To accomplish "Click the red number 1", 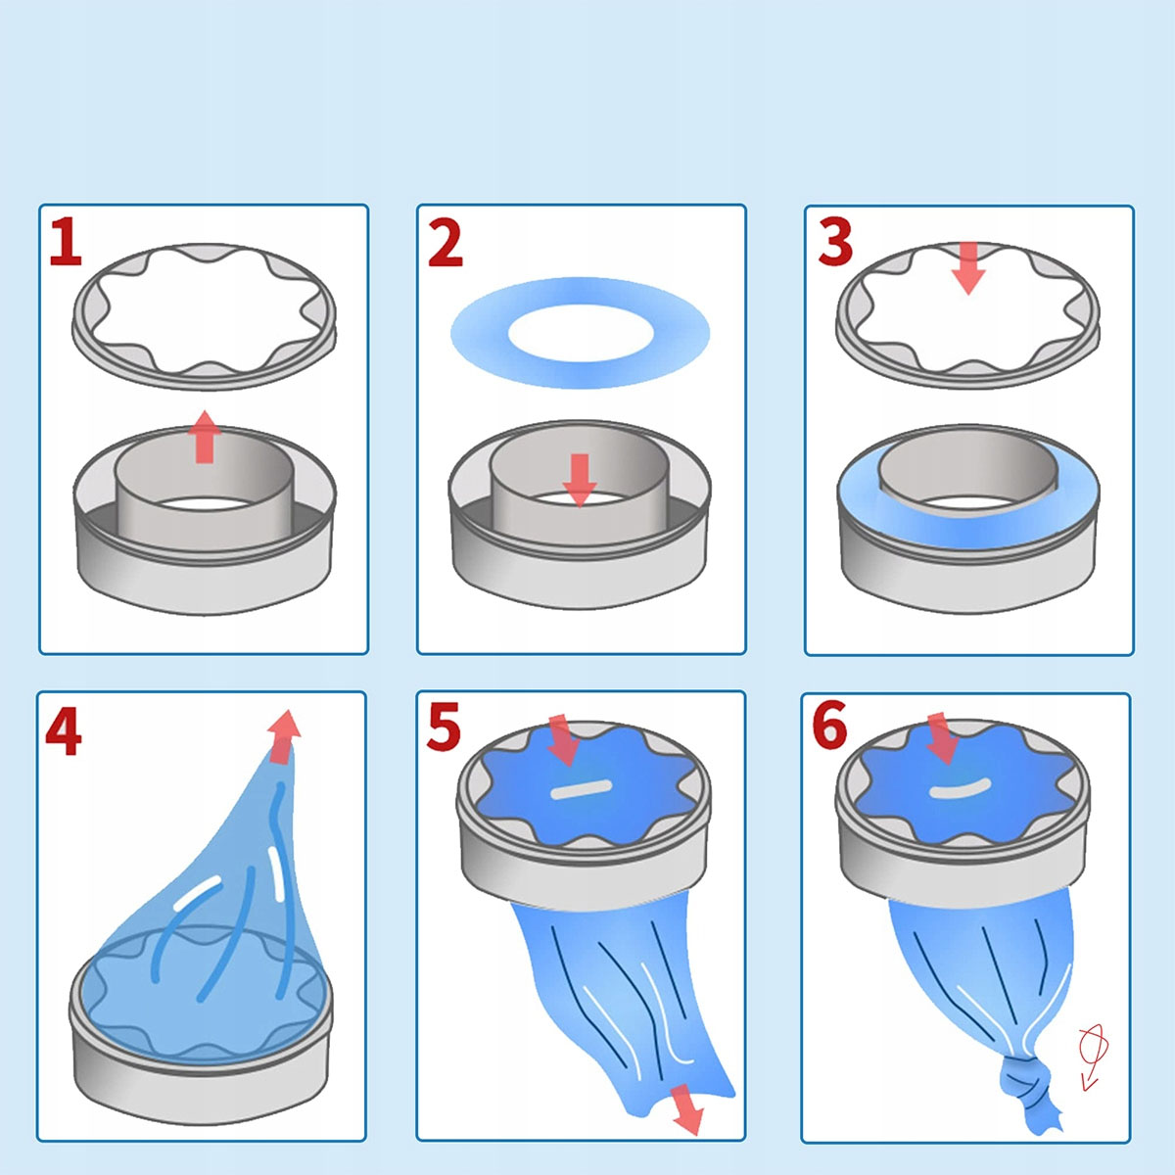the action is click(x=67, y=242).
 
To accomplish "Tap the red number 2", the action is click(x=446, y=243).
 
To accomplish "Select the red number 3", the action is click(x=835, y=242).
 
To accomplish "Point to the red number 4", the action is click(x=64, y=732).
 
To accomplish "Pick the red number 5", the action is click(x=444, y=726).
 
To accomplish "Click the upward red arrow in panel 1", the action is click(x=205, y=437).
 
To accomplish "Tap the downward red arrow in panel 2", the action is click(x=580, y=481).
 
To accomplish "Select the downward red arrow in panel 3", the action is click(x=968, y=268).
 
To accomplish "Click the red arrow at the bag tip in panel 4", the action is click(x=284, y=737).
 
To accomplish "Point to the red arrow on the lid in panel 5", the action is click(x=564, y=741).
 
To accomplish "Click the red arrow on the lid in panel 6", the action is click(x=943, y=738).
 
